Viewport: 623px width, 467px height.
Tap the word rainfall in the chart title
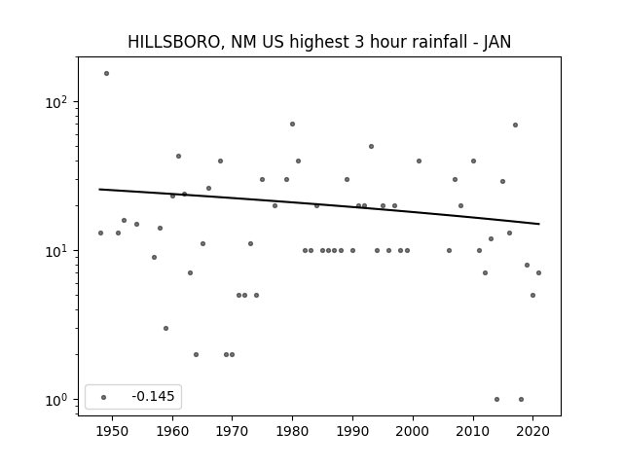(x=441, y=42)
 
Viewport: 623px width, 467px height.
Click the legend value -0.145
(x=153, y=396)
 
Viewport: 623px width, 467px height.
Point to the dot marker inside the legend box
(x=104, y=397)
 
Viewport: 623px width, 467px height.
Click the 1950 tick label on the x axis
(x=113, y=431)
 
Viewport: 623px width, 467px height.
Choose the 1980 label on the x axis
(x=292, y=431)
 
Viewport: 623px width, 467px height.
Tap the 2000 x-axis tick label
(x=413, y=431)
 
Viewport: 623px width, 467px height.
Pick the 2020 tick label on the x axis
(x=532, y=431)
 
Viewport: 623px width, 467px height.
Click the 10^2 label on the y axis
(x=56, y=102)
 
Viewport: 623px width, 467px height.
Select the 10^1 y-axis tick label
(x=56, y=251)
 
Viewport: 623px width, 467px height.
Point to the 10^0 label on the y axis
(x=56, y=400)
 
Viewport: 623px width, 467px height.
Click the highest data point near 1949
(x=106, y=74)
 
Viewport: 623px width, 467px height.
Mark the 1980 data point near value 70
(x=292, y=125)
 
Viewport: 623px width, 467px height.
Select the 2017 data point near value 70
(x=515, y=126)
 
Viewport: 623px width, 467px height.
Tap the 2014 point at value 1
(x=497, y=400)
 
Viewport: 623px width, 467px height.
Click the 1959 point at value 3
(x=166, y=329)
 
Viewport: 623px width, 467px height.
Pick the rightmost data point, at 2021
(x=538, y=272)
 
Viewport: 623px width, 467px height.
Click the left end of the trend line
(x=99, y=189)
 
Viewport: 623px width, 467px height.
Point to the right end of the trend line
(x=539, y=224)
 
